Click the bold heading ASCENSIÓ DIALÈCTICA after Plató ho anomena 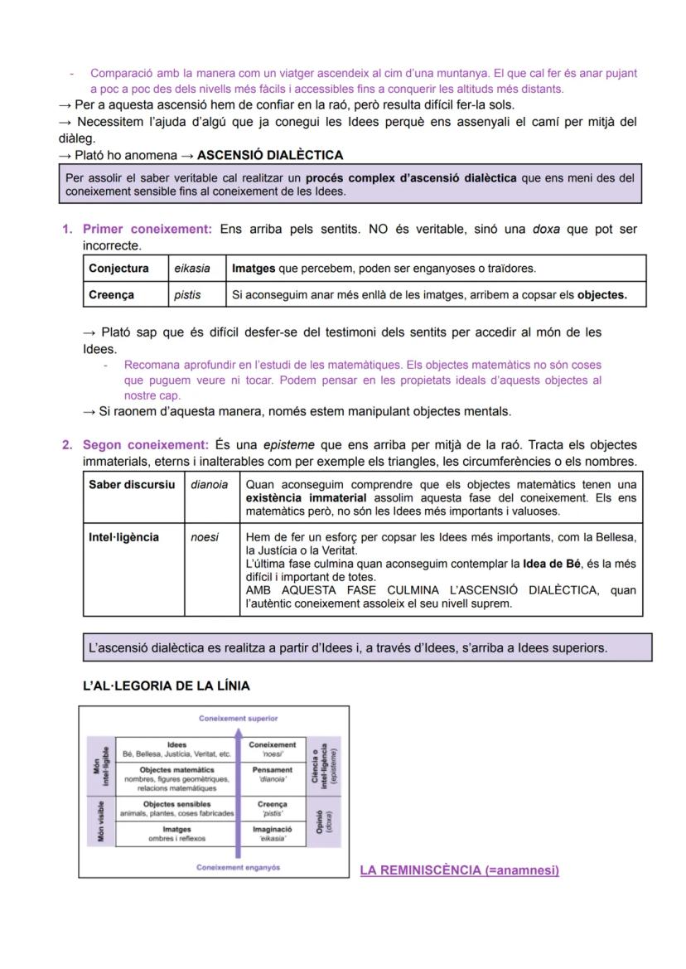[270, 155]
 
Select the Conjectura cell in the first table [118, 269]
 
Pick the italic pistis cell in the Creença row [187, 294]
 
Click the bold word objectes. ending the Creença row [601, 294]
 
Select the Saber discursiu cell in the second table [132, 485]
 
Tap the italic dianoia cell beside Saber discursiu [209, 485]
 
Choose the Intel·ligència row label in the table [123, 537]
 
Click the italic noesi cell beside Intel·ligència [205, 537]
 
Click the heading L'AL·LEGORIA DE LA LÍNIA [166, 686]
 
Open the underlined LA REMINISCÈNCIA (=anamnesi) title [459, 870]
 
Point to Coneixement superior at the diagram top [238, 718]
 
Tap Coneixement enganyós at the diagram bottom [238, 867]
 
